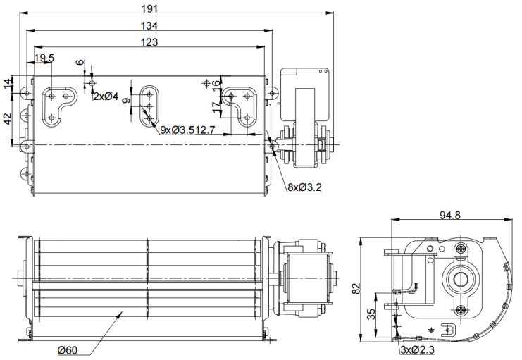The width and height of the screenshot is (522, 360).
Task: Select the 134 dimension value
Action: coord(149,25)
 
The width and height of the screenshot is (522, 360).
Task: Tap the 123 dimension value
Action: coord(147,42)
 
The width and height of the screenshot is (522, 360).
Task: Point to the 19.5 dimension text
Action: coord(44,58)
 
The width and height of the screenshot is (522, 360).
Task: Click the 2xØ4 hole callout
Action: coord(106,97)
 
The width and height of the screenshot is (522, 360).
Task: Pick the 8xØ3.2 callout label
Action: coord(304,188)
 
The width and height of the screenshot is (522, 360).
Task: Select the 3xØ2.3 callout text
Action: coord(417,349)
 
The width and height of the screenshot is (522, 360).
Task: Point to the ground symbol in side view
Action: coord(431,328)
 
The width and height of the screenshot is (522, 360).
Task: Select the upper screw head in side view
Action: coord(461,248)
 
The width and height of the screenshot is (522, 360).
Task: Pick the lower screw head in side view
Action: coord(461,310)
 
